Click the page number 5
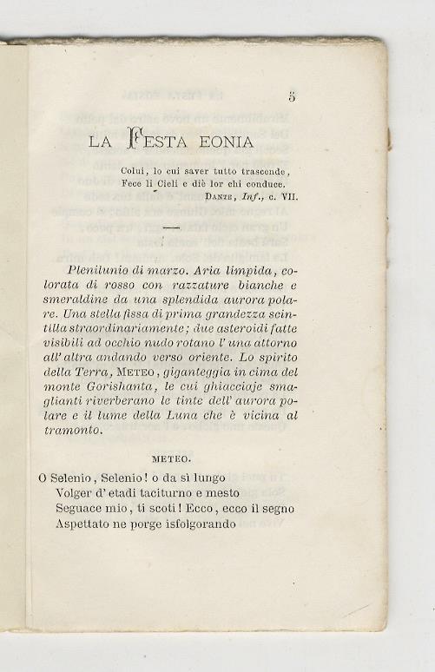coord(291,97)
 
